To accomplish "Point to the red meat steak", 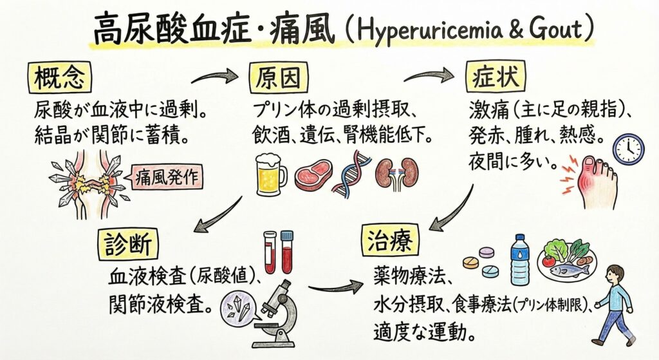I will [x=312, y=175].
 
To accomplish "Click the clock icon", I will [x=629, y=149].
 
